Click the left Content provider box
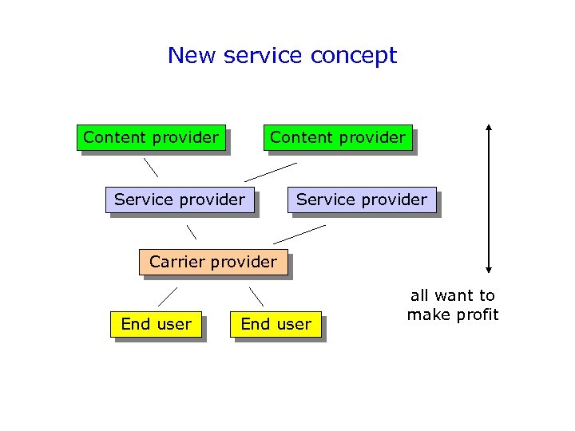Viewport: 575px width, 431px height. (x=151, y=137)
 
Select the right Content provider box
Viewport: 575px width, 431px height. (x=338, y=137)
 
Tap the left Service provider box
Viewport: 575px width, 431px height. (x=180, y=200)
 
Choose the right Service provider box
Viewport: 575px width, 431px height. (x=362, y=200)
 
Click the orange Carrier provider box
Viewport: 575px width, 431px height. (x=213, y=262)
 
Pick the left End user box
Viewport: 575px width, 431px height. (x=156, y=324)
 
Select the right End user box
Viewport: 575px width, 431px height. (x=276, y=324)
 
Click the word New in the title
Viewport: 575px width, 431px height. (x=192, y=56)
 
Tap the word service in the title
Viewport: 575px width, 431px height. (x=264, y=56)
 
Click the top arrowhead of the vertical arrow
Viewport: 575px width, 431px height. (x=489, y=128)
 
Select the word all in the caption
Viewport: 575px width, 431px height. (x=420, y=296)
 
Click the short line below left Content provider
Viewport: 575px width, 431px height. (x=150, y=168)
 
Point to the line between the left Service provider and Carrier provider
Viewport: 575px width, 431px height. (x=192, y=232)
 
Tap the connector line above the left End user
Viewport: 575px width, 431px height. (x=167, y=297)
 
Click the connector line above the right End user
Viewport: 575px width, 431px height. (x=256, y=296)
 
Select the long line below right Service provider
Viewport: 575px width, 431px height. (x=299, y=234)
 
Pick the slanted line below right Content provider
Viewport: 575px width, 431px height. (x=271, y=172)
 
